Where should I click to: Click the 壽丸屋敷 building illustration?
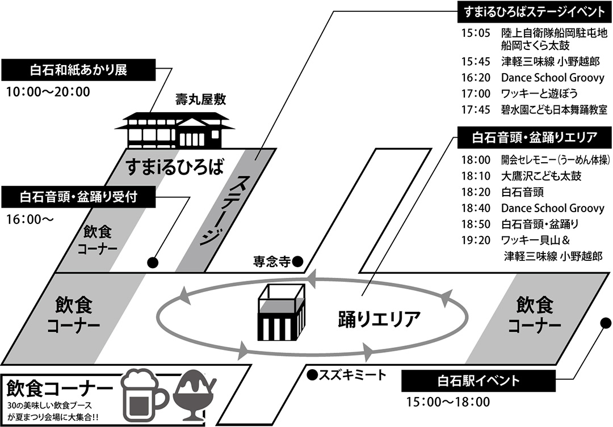pos(174,128)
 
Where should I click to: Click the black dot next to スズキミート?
pos(312,375)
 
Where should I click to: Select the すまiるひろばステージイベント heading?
pos(534,12)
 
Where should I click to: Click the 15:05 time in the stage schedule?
pos(476,33)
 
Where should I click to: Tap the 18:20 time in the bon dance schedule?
pos(476,192)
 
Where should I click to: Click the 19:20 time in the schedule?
pos(476,240)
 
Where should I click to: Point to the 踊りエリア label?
pos(379,319)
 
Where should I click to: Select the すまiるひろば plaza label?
pos(175,168)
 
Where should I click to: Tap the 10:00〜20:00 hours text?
pos(48,92)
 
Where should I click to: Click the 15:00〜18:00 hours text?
pos(448,401)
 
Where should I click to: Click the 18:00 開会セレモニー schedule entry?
pos(535,160)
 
